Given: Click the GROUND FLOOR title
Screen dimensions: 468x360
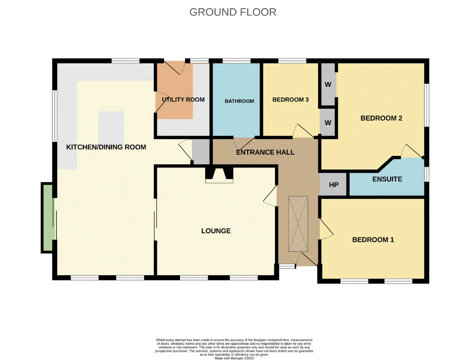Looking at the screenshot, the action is [233, 12].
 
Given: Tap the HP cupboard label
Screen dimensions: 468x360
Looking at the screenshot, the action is [333, 185].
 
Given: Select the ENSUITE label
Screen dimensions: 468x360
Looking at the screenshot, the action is [387, 179].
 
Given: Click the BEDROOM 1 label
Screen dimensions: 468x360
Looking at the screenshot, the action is [373, 240].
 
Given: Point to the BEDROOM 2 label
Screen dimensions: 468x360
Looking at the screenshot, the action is [381, 118].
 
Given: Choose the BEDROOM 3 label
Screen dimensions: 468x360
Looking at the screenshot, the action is [290, 100].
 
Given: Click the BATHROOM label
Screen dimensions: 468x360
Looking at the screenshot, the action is [239, 101].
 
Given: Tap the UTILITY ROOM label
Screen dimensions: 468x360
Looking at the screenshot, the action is [183, 100].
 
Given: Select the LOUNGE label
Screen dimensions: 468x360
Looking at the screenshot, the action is [216, 231].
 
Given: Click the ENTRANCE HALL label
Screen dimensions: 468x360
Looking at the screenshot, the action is [265, 152].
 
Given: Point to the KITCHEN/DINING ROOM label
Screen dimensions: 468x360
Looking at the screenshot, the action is [106, 147].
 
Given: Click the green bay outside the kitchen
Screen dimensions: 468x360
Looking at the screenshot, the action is [48, 218].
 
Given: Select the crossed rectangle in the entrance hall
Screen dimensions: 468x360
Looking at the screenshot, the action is [298, 224].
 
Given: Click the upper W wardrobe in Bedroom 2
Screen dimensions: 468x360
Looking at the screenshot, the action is [328, 85].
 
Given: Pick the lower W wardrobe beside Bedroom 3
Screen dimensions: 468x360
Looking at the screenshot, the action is [328, 123].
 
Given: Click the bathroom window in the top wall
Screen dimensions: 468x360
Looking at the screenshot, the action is [237, 61].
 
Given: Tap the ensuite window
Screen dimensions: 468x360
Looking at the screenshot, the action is [427, 174].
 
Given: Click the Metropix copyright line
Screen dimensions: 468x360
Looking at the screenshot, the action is [234, 358].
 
